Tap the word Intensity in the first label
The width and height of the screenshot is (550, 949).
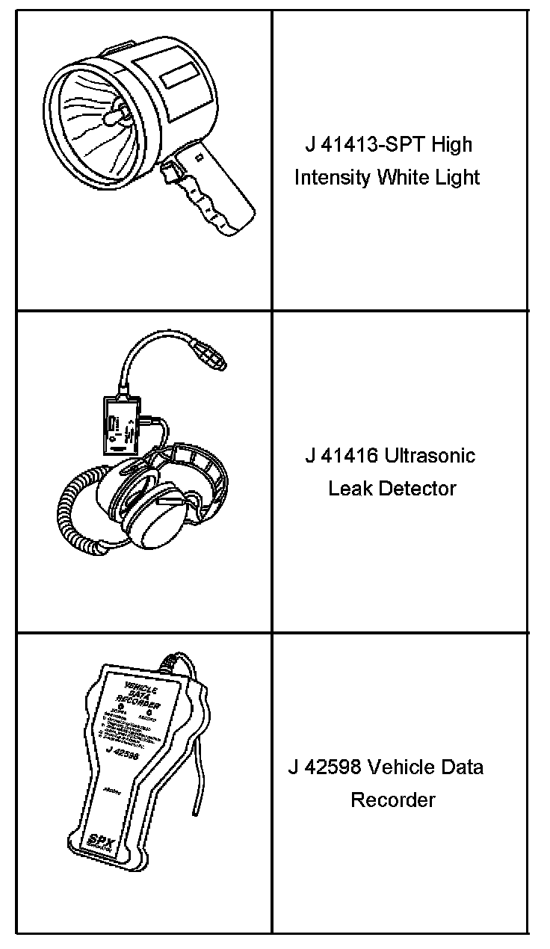(332, 177)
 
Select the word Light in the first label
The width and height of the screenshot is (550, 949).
(457, 177)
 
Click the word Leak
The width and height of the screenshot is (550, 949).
(350, 489)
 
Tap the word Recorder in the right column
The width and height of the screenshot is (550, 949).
(393, 800)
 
